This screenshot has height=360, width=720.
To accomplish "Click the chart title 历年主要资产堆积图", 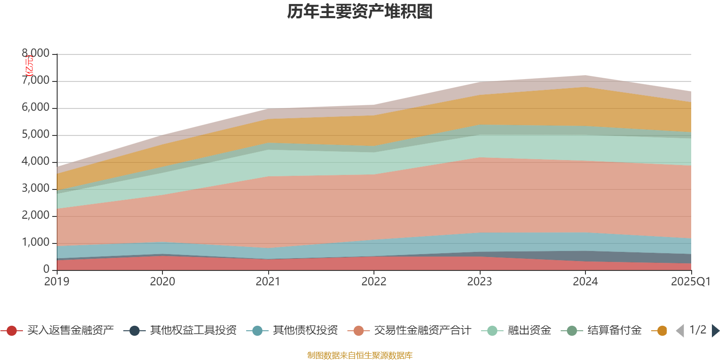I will pyautogui.click(x=360, y=12).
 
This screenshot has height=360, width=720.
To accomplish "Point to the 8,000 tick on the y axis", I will pyautogui.click(x=36, y=54).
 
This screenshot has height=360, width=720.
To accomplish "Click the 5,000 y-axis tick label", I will pyautogui.click(x=36, y=135).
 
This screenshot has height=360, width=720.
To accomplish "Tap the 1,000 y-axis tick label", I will pyautogui.click(x=36, y=243).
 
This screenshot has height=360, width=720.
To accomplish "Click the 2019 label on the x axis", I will pyautogui.click(x=57, y=282).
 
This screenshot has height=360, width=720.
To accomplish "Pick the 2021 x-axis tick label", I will pyautogui.click(x=268, y=282).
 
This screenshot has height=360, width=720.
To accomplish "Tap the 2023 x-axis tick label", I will pyautogui.click(x=480, y=282).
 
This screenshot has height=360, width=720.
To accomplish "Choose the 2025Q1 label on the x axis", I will pyautogui.click(x=690, y=282).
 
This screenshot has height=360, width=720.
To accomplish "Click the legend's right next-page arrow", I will pyautogui.click(x=715, y=331).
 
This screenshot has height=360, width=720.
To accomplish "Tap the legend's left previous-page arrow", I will pyautogui.click(x=680, y=331).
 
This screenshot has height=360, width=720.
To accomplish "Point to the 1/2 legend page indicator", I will pyautogui.click(x=697, y=330).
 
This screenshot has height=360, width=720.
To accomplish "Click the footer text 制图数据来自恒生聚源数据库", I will pyautogui.click(x=360, y=355).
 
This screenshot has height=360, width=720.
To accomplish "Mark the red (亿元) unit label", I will pyautogui.click(x=29, y=66).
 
